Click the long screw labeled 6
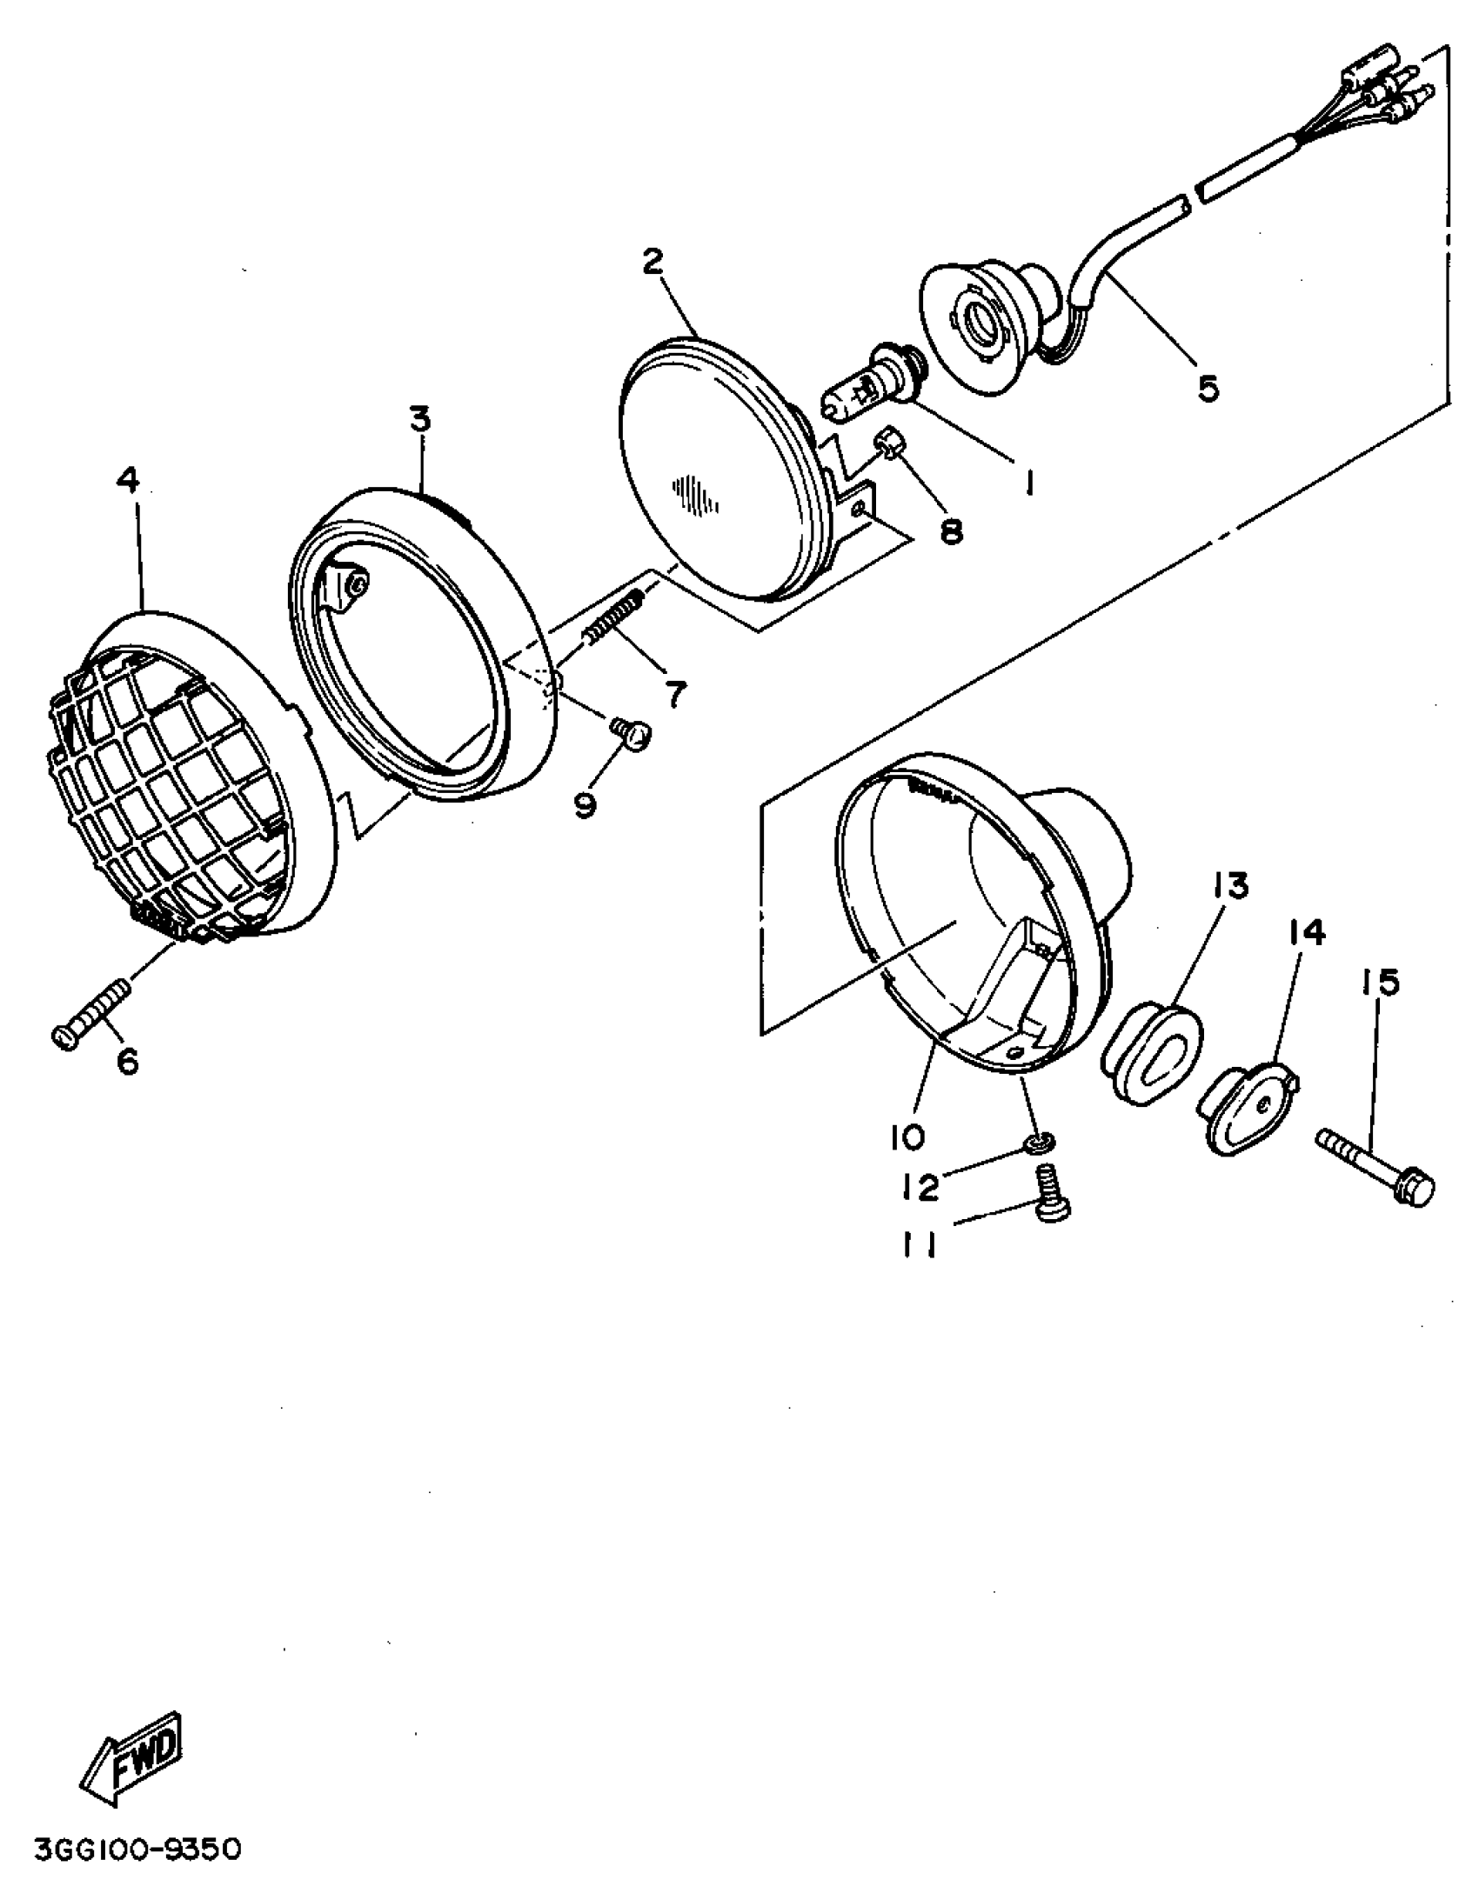94,1013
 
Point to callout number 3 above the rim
420,421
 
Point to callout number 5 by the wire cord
1208,387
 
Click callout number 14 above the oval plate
1307,933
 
